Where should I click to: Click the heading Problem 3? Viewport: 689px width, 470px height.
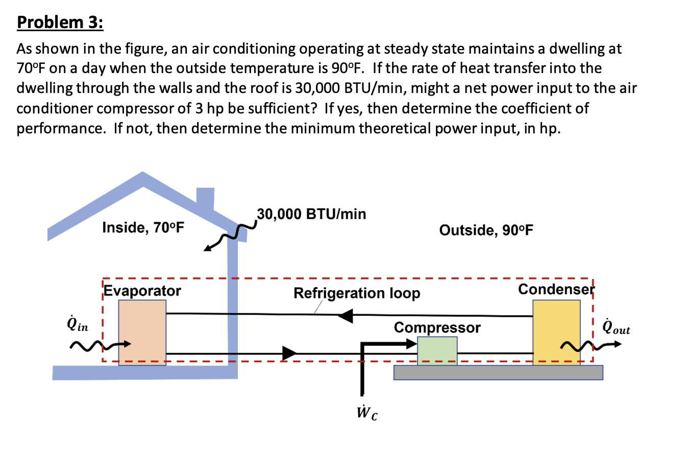(60, 22)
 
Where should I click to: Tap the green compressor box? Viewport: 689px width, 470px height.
(437, 350)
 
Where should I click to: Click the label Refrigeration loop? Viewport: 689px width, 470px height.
(357, 293)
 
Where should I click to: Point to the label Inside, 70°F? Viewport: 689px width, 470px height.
(143, 227)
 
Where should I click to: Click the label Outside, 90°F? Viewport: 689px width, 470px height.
(486, 230)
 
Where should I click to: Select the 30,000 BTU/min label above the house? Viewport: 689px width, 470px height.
(311, 214)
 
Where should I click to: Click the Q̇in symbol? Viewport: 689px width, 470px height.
(78, 324)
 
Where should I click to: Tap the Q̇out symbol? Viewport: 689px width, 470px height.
(616, 327)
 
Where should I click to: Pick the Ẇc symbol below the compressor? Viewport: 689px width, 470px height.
(367, 412)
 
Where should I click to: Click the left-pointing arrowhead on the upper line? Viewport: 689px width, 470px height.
(346, 316)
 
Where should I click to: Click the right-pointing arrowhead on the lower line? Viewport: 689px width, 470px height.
(289, 353)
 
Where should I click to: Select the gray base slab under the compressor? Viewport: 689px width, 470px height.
(498, 372)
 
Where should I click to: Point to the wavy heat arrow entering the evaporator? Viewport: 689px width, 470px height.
(100, 346)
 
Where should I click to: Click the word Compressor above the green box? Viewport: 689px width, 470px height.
(437, 327)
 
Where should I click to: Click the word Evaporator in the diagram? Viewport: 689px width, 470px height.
(142, 291)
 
